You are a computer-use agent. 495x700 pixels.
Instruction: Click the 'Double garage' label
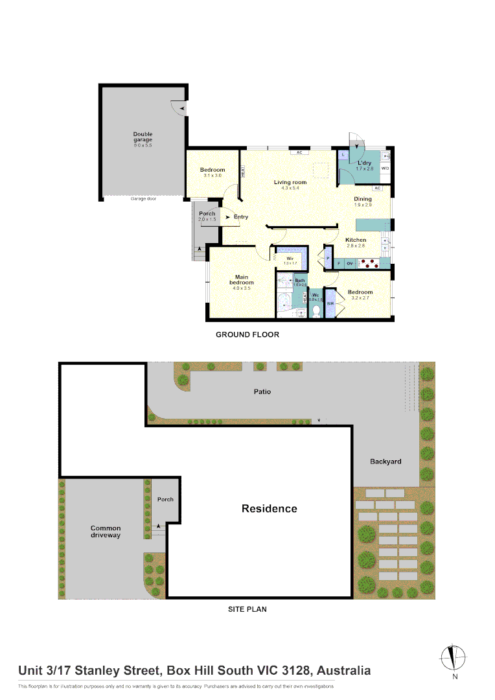(143, 137)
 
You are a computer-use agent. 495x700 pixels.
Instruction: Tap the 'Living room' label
(290, 182)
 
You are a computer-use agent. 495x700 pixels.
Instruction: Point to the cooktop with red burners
(368, 263)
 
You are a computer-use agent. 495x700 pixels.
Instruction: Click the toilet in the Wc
(316, 311)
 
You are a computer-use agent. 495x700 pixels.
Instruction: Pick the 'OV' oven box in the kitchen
(349, 263)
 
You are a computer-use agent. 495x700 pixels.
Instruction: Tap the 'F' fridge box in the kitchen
(338, 263)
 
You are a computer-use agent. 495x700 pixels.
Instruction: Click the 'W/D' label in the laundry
(385, 169)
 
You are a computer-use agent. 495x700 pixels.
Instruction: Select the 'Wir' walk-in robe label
(290, 258)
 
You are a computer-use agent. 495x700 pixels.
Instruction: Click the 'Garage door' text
(143, 198)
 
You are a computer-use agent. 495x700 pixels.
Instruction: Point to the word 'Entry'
(241, 217)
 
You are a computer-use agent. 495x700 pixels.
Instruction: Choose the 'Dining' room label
(363, 199)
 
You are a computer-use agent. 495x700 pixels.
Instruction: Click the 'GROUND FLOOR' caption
(247, 335)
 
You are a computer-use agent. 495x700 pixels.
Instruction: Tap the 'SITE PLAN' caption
(247, 609)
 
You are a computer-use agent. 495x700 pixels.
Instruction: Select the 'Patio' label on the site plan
(262, 391)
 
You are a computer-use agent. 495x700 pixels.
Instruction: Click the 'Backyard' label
(386, 461)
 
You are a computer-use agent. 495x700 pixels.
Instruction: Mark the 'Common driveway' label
(106, 531)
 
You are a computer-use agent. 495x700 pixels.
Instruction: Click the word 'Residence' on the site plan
(269, 509)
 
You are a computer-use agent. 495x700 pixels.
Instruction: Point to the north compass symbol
(455, 659)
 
